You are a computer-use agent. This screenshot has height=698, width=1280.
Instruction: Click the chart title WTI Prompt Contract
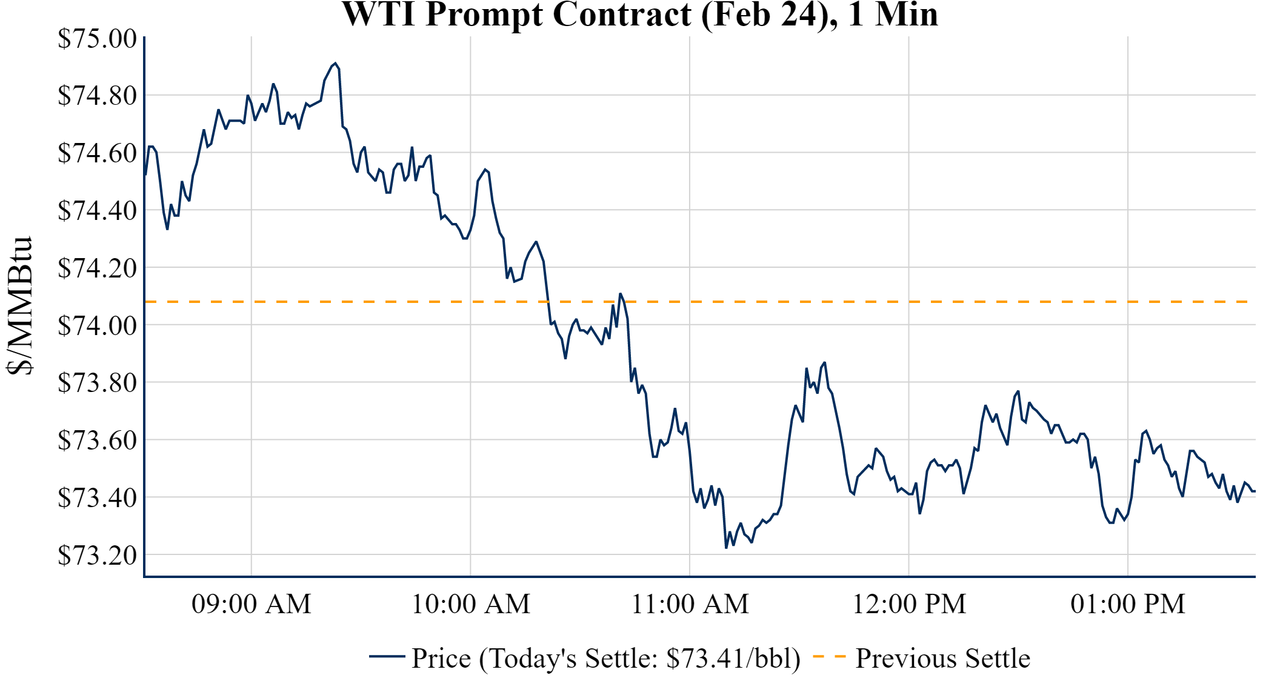(640, 15)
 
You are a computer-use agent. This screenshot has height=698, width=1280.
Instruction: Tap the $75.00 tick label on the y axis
(97, 38)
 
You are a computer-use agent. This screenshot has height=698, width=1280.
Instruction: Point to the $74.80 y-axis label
(97, 95)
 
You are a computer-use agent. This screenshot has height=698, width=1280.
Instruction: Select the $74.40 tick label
(97, 210)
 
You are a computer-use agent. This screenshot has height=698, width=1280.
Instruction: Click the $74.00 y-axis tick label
(97, 325)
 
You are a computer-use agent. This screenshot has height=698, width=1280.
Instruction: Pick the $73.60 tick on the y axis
(97, 440)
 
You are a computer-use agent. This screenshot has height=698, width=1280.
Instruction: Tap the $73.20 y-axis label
(97, 555)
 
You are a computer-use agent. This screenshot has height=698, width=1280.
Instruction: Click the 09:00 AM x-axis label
(252, 604)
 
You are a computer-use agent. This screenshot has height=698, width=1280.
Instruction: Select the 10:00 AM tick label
(471, 604)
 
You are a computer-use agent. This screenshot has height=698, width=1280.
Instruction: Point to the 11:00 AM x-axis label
(690, 604)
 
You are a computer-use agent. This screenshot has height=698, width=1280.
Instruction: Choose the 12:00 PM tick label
(909, 604)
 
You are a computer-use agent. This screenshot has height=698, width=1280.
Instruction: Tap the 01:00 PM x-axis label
(1128, 604)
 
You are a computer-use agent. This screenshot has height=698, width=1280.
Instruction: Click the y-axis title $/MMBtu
(19, 306)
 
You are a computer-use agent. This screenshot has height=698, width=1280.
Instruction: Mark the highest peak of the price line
(335, 63)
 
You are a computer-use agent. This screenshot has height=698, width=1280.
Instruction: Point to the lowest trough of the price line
(726, 548)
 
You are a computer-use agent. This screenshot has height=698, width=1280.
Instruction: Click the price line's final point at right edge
(1254, 491)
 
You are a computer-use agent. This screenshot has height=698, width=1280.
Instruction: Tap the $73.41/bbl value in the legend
(732, 659)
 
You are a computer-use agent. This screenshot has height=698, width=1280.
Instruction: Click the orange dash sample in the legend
(828, 656)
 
